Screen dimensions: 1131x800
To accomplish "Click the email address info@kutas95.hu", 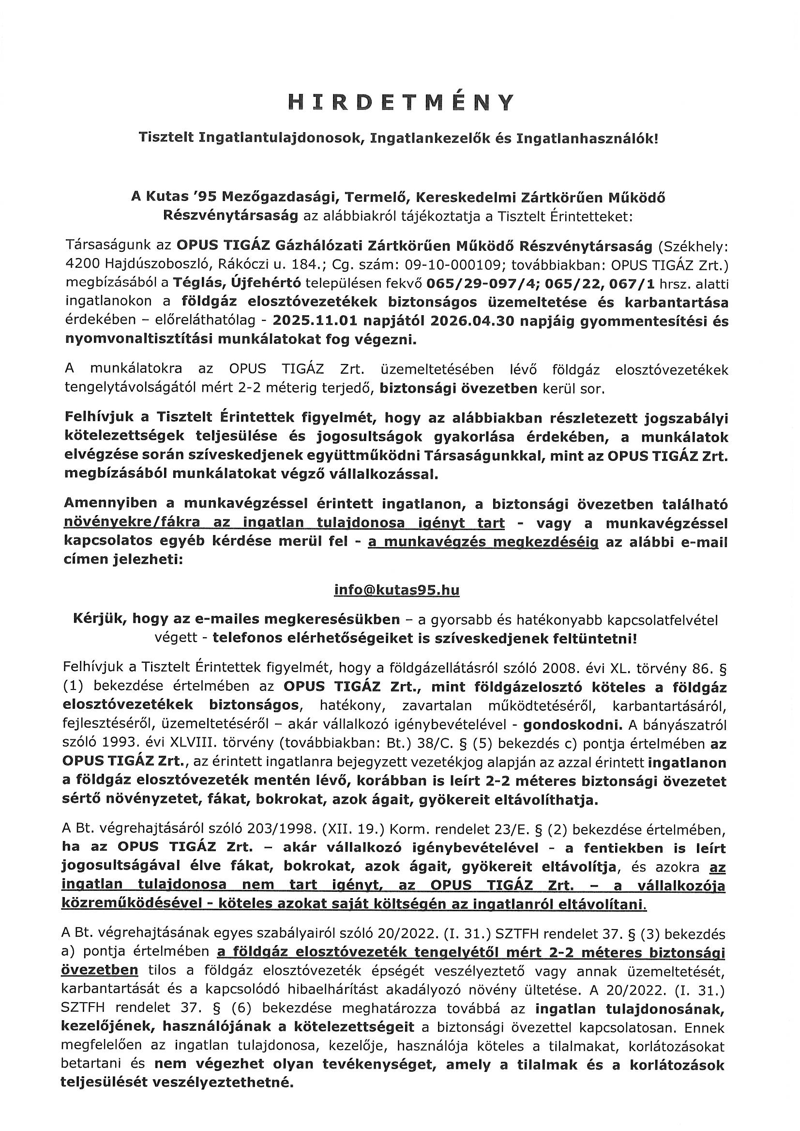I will [396, 590].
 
